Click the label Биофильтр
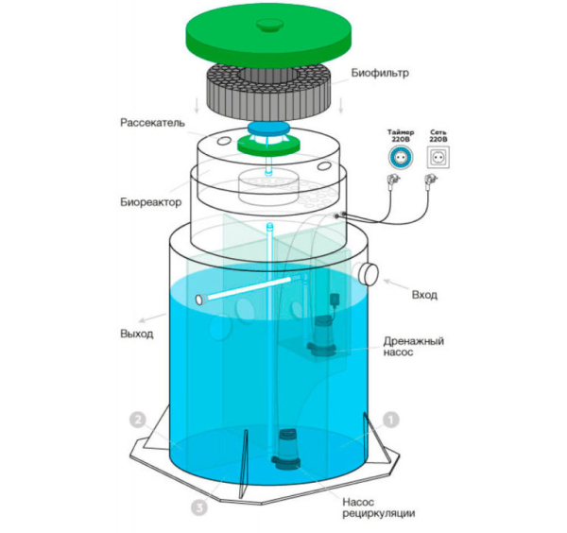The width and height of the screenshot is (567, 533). point(380,73)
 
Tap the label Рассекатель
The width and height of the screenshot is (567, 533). point(152,123)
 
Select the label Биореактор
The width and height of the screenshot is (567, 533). point(151,202)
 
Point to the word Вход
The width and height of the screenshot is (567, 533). point(424,295)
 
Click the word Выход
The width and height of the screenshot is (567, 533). point(136,334)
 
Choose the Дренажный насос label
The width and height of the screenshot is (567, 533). point(413,347)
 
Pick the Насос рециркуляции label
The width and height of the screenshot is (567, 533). point(378,507)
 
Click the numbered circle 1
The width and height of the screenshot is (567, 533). point(391,421)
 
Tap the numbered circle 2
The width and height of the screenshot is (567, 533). point(137,421)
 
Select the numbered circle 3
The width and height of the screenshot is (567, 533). point(199,508)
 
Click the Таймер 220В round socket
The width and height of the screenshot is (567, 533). point(401,157)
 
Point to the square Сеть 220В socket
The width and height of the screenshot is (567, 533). point(438,157)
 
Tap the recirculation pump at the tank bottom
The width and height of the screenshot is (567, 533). point(286,449)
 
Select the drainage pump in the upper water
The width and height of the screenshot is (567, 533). point(321,335)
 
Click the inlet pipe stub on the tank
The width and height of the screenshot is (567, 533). point(368,274)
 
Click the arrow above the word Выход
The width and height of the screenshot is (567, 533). point(152,318)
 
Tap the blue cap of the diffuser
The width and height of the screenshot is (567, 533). point(269,128)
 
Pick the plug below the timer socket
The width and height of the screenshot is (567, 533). point(394,179)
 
